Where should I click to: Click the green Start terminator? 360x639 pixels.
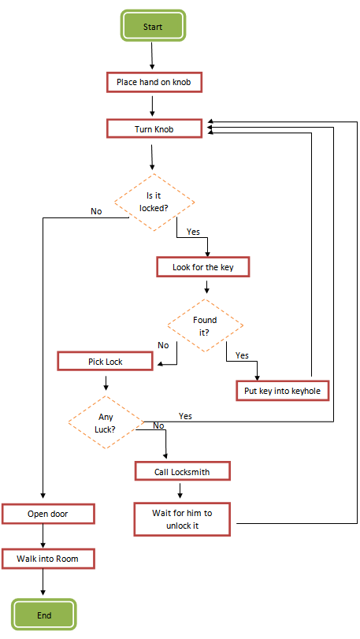[x=153, y=26]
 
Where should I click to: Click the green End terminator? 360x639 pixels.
[x=43, y=614]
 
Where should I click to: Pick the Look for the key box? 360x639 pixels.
[x=203, y=267]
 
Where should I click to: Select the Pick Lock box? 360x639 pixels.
[x=106, y=362]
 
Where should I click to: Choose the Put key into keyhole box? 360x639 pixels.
[x=281, y=390]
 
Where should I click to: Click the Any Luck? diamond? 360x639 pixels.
[x=106, y=423]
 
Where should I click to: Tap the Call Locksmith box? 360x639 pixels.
[x=182, y=471]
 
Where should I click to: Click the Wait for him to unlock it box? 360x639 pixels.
[x=182, y=519]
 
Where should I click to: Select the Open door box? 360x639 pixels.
[x=48, y=514]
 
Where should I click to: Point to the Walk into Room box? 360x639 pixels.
[x=48, y=559]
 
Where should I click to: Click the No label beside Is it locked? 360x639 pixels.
[x=96, y=211]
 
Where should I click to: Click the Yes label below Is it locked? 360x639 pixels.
[x=193, y=232]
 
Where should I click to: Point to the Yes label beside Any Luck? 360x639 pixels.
[x=185, y=415]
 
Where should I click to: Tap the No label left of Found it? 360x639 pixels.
[x=163, y=345]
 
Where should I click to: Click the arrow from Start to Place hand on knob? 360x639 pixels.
[x=152, y=56]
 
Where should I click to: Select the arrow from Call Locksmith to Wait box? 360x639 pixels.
[x=181, y=490]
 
